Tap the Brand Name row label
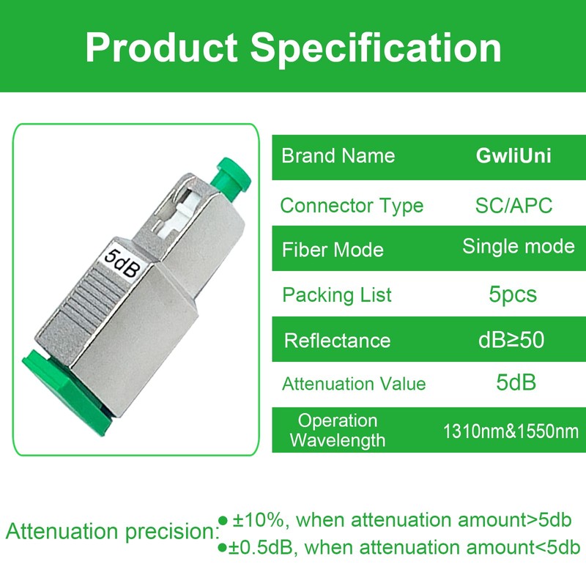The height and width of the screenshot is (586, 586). coord(338,156)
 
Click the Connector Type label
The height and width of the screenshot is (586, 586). coord(352,206)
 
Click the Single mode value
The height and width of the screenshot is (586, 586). coord(518,246)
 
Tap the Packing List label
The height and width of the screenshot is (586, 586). coord(337,295)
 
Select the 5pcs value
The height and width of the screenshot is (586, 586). coord(513,294)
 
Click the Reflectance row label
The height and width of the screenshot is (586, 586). coord(337,341)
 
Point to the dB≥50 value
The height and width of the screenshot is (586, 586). coord(511,340)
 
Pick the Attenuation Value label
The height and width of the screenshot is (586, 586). coord(354,384)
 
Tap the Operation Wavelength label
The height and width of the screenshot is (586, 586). coord(338,431)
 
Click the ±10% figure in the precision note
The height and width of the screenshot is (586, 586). coord(259,521)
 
